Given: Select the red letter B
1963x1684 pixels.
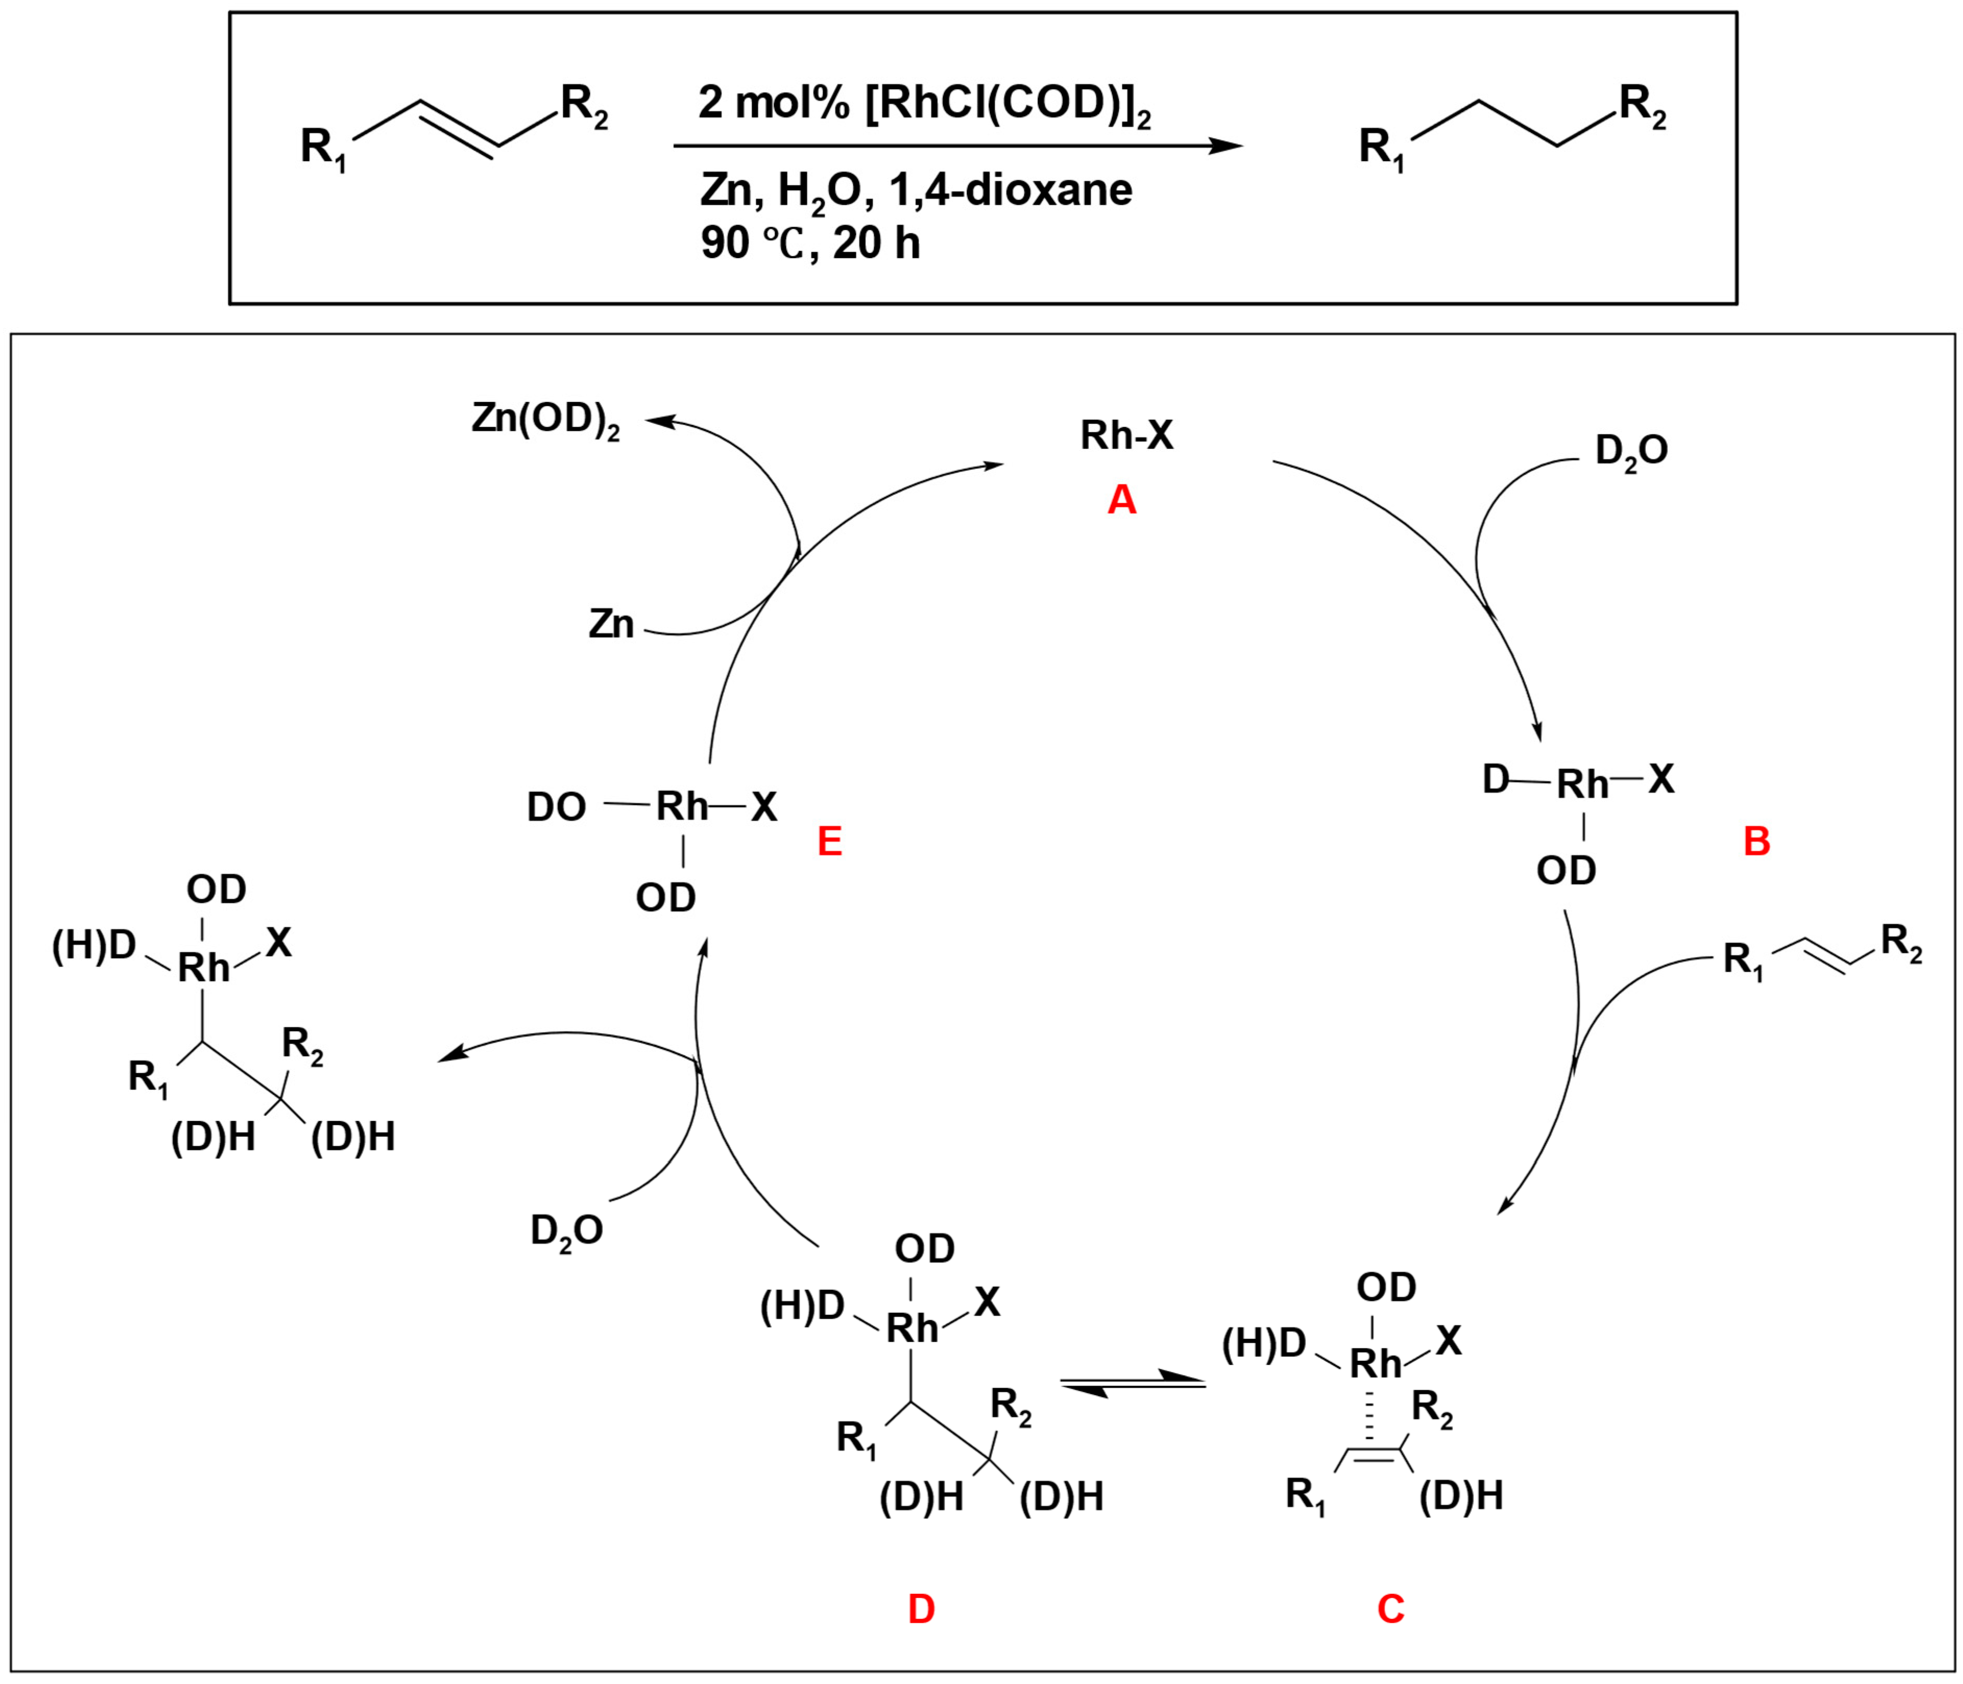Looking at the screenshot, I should click(x=1756, y=841).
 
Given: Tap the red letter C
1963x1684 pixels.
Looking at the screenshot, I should click(x=1390, y=1608).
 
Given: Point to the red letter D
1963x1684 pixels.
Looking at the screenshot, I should click(x=921, y=1608).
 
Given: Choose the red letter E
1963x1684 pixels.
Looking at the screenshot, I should click(x=829, y=841).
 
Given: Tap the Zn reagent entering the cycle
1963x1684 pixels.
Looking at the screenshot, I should click(x=611, y=624).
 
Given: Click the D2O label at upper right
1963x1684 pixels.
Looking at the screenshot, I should click(x=1631, y=451).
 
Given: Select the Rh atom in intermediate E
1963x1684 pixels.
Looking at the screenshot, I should click(x=682, y=807).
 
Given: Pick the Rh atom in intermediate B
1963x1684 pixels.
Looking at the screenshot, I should click(x=1582, y=784).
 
